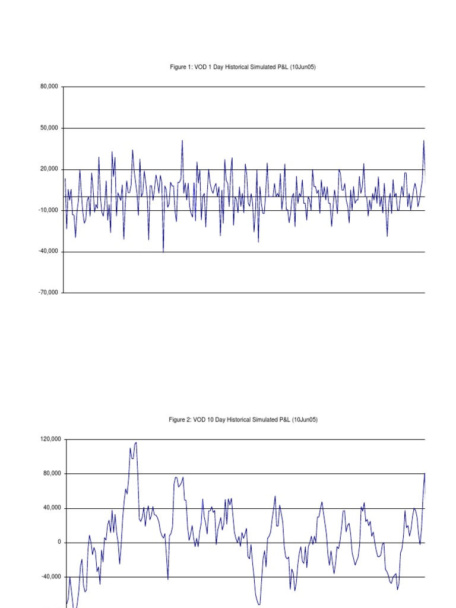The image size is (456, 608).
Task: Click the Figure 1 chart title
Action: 243,68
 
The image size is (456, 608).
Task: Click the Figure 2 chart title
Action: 243,420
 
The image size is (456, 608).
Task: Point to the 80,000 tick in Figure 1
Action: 49,87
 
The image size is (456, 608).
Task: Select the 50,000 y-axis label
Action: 49,128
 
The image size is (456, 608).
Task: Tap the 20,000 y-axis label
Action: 49,169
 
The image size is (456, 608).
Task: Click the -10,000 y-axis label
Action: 48,210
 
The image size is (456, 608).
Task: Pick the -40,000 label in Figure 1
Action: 48,252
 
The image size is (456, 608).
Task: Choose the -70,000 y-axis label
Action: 48,293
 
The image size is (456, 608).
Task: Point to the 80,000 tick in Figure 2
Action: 52,474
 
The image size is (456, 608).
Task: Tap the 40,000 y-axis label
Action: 52,508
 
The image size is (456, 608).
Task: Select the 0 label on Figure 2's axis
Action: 59,543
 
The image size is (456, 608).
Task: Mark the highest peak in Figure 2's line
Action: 136,442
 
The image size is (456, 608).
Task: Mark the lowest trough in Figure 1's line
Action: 163,252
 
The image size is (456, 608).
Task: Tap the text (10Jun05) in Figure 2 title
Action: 305,420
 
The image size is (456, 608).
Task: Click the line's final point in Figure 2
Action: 425,474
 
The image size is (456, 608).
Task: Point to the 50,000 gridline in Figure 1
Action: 243,128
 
